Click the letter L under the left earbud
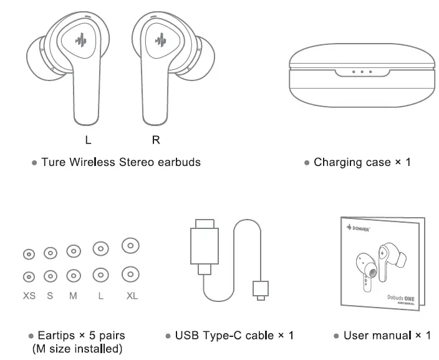(87, 140)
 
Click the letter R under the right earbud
(156, 140)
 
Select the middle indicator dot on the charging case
(362, 72)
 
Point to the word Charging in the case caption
(337, 163)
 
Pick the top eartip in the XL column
(130, 245)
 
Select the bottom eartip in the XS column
(29, 276)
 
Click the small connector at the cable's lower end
(260, 289)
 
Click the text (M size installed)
(77, 349)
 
